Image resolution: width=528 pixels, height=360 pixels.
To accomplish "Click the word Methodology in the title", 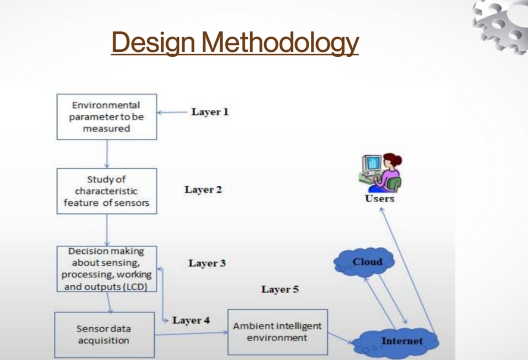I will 280,42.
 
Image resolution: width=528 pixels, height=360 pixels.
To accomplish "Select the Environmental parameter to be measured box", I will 107,117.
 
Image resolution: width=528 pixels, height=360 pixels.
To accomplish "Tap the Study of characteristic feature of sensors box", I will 107,191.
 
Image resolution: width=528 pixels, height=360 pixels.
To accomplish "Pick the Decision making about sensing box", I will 107,269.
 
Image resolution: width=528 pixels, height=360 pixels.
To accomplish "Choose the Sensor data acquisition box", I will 104,335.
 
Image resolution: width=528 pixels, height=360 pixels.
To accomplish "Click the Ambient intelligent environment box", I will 277,332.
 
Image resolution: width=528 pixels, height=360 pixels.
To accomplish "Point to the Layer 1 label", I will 210,112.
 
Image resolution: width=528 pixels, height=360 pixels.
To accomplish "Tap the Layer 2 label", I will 203,190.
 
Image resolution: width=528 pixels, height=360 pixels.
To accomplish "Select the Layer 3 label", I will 207,263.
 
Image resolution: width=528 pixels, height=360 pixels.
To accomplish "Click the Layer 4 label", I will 191,320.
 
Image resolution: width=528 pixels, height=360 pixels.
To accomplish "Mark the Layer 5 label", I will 280,289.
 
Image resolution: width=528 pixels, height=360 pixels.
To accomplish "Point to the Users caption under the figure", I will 379,199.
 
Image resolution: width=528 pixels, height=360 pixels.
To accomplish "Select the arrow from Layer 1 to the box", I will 173,112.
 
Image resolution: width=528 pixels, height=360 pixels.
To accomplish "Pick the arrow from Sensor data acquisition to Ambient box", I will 191,333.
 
